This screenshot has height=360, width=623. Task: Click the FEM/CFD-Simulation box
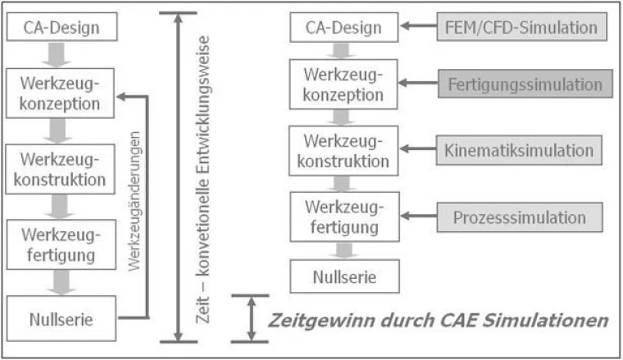pyautogui.click(x=521, y=28)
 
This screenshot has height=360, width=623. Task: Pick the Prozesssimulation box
pyautogui.click(x=521, y=217)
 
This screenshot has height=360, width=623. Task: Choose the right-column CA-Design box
pyautogui.click(x=343, y=28)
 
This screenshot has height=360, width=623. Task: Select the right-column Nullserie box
pyautogui.click(x=343, y=276)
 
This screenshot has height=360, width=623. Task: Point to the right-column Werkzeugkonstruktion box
pyautogui.click(x=343, y=150)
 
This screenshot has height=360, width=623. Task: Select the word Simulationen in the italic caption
pyautogui.click(x=557, y=318)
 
